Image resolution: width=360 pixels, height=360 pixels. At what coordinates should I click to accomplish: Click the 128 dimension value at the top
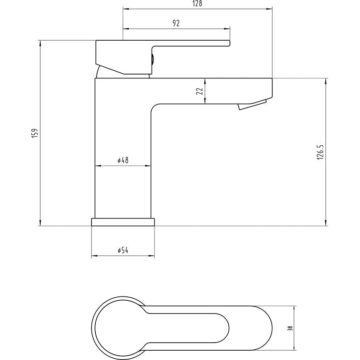[x=197, y=4]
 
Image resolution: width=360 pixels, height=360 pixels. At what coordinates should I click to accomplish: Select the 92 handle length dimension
[x=176, y=24]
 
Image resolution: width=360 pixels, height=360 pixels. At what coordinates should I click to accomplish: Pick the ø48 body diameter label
[x=122, y=161]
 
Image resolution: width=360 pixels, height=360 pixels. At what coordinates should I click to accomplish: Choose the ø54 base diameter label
[x=122, y=251]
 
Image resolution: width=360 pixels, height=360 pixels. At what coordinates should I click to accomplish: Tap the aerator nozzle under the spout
[x=252, y=105]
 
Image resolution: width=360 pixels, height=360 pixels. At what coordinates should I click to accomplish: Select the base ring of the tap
[x=123, y=222]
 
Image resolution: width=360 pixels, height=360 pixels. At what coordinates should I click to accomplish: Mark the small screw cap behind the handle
[x=152, y=59]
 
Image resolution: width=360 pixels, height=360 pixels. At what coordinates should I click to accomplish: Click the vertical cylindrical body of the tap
[x=122, y=186]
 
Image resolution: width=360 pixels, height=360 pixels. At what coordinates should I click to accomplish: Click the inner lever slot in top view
[x=191, y=328]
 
